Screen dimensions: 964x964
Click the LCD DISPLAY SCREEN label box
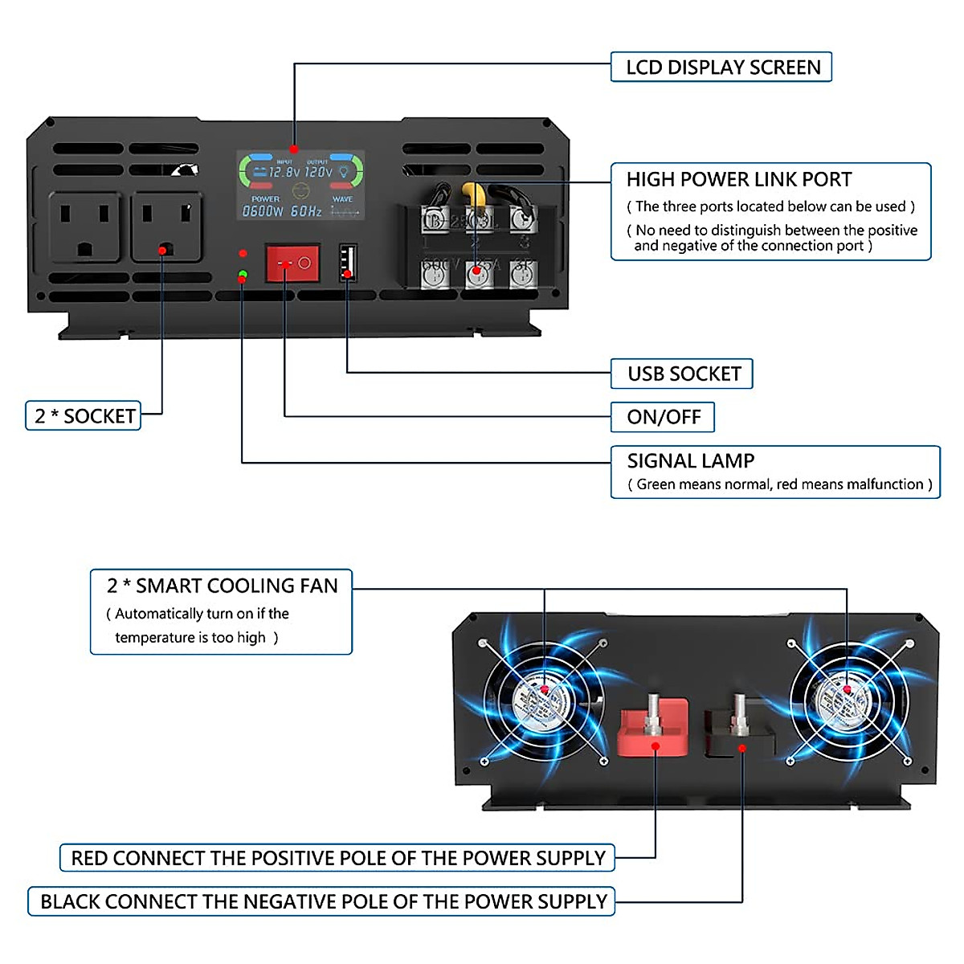pos(721,67)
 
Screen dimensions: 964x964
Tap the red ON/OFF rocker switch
pos(292,263)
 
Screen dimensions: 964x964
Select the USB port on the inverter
pos(347,263)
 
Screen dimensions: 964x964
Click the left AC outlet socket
pos(84,227)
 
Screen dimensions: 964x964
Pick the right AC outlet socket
pos(166,227)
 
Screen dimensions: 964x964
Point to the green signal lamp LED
pos(243,276)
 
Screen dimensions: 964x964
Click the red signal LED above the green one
pos(243,254)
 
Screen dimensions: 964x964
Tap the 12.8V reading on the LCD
pos(284,172)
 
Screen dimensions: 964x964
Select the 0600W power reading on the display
pos(263,211)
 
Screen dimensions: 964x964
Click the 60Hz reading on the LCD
pos(306,211)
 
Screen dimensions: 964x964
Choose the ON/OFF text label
pos(663,417)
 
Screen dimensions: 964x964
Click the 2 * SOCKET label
pos(84,416)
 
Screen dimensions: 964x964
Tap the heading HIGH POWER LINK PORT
pos(738,180)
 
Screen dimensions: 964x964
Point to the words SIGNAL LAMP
pos(690,461)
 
